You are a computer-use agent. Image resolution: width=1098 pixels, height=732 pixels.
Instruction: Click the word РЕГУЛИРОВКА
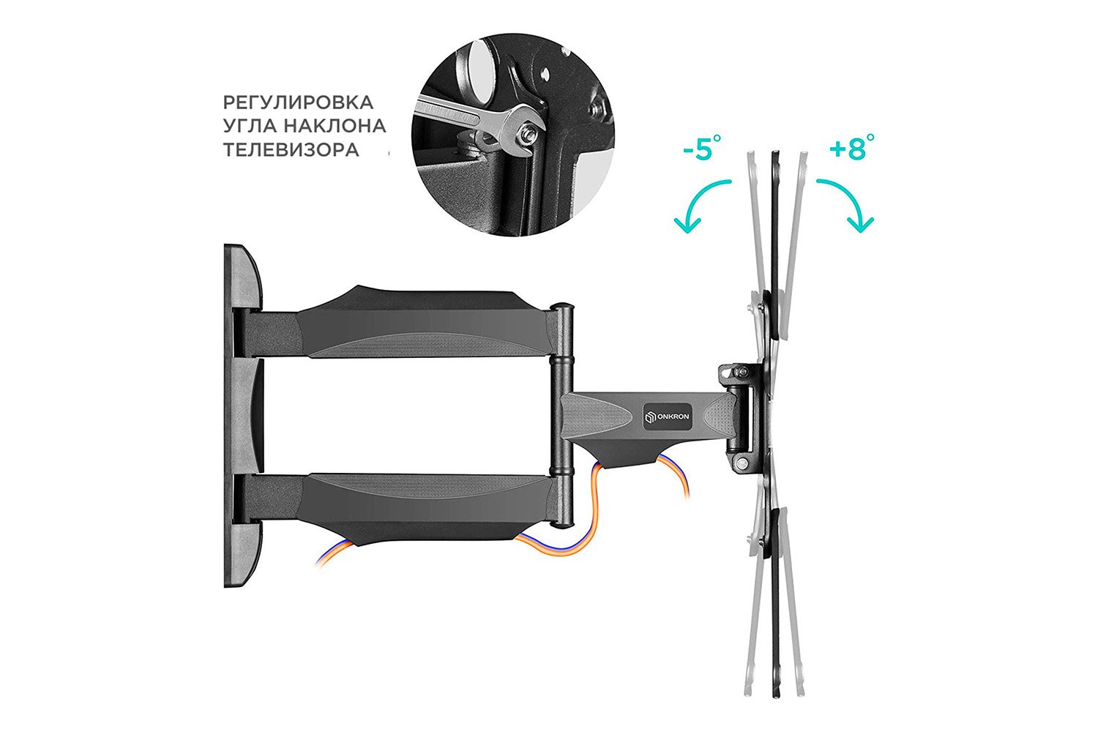[298, 102]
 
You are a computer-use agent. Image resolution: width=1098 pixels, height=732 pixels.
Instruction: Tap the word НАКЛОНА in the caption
[335, 126]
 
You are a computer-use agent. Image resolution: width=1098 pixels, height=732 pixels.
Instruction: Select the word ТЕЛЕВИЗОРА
[291, 149]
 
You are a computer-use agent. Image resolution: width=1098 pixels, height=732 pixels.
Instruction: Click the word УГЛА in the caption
[250, 126]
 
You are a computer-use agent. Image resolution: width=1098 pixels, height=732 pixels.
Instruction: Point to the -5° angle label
[702, 148]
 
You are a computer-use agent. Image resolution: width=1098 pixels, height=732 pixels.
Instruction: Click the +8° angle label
[851, 147]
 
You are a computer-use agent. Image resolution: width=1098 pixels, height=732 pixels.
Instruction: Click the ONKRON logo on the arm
[668, 417]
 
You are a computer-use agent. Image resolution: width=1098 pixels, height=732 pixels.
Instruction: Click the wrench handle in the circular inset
[458, 114]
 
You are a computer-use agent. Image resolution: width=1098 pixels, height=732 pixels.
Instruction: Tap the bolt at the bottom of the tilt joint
[742, 462]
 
